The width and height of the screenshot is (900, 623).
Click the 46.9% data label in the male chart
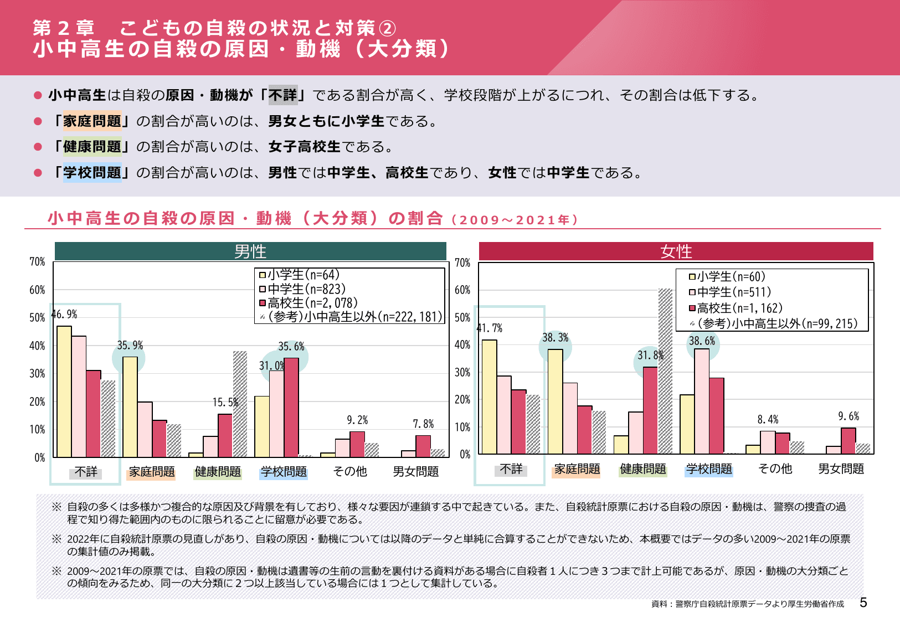65,315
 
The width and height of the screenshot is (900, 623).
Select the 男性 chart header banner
250,251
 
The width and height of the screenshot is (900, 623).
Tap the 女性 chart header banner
676,251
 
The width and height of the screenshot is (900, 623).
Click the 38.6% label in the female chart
702,341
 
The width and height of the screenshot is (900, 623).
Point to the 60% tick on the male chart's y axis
37,290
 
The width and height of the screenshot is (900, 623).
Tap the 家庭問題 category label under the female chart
577,469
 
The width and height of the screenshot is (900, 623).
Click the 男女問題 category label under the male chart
415,471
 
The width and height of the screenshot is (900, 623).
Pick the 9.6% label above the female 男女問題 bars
848,416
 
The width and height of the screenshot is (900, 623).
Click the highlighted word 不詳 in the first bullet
283,95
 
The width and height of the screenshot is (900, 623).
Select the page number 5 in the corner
863,603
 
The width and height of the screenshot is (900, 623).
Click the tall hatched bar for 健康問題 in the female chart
665,371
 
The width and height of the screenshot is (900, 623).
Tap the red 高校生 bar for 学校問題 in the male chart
291,407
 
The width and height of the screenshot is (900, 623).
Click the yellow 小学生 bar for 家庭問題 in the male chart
130,407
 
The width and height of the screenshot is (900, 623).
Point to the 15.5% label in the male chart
225,402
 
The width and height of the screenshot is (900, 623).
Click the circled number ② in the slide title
387,28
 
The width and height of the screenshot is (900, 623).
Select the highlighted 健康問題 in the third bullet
92,147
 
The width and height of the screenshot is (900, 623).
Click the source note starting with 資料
748,604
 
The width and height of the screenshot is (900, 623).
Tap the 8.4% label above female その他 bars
768,419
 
